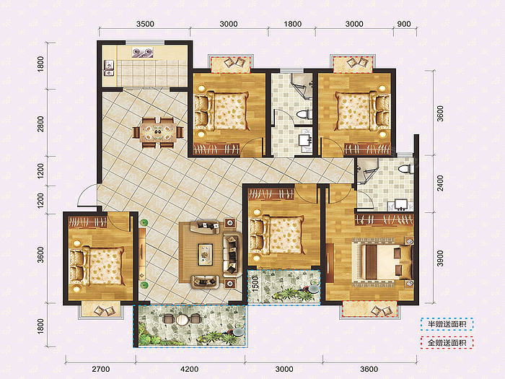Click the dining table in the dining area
(x=158, y=132)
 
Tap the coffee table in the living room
(x=205, y=254)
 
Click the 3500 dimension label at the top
(x=145, y=24)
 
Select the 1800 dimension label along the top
(x=292, y=24)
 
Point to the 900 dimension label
(x=404, y=24)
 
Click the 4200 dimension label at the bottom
(x=189, y=369)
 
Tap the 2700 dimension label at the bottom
(x=101, y=369)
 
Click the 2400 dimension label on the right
(x=440, y=183)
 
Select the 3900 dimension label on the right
(x=440, y=258)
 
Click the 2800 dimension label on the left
(x=40, y=123)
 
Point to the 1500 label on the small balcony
(x=255, y=284)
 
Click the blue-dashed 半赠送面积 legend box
(x=447, y=324)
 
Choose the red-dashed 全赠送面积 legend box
(x=447, y=343)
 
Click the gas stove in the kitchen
(x=142, y=52)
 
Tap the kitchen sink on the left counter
(x=109, y=68)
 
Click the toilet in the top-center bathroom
(x=304, y=115)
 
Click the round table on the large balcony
(x=182, y=320)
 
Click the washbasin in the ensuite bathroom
(x=400, y=205)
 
